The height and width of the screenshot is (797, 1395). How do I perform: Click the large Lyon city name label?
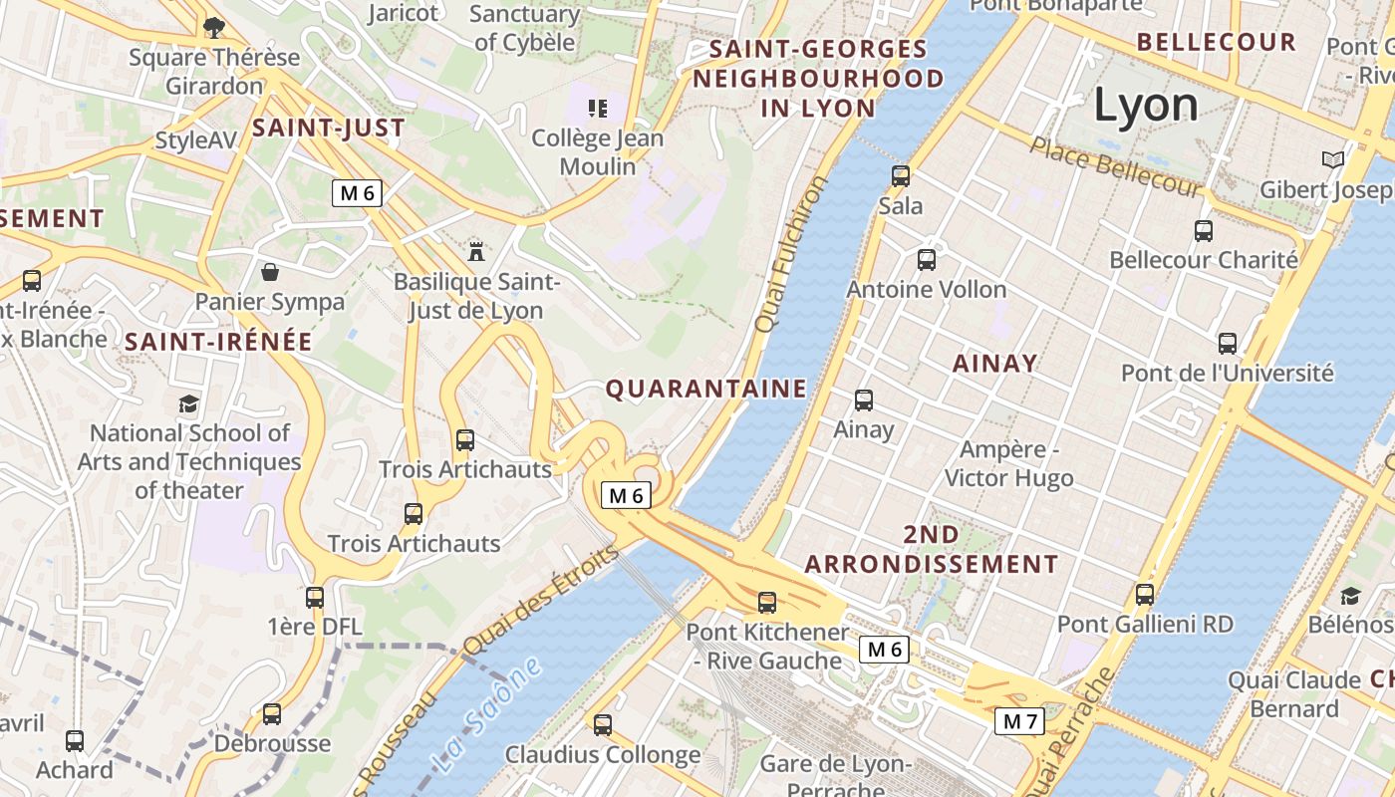point(1146,106)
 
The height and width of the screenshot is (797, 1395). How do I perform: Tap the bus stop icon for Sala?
point(901,176)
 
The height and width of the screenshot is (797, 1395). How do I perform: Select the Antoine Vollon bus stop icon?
point(927,260)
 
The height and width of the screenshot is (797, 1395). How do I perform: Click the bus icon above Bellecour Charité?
point(1204,231)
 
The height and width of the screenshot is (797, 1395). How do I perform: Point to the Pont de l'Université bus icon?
point(1228,344)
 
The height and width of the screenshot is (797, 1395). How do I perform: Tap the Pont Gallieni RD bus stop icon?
point(1145,595)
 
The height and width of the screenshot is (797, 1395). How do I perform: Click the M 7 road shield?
point(1020,721)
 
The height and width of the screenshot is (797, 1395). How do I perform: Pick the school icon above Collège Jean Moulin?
point(598,108)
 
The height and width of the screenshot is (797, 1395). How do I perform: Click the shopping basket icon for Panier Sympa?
point(270,272)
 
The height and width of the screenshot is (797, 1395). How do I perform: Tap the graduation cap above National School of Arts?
point(188,403)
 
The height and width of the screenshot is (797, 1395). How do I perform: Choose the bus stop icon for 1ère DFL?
point(315,598)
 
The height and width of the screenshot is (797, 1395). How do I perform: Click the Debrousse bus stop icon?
point(272,714)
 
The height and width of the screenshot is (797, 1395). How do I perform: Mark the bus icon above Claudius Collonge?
point(603,725)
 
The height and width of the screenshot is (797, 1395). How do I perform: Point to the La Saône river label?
point(488,715)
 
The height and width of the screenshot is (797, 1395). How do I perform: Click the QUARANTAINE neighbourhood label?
point(706,389)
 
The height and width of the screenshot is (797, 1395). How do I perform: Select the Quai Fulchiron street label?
point(792,255)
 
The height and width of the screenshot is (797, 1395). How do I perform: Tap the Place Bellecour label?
point(1116,166)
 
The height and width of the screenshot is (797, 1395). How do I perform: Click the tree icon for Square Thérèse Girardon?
point(213,27)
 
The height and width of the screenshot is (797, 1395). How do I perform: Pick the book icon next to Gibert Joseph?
point(1332,159)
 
